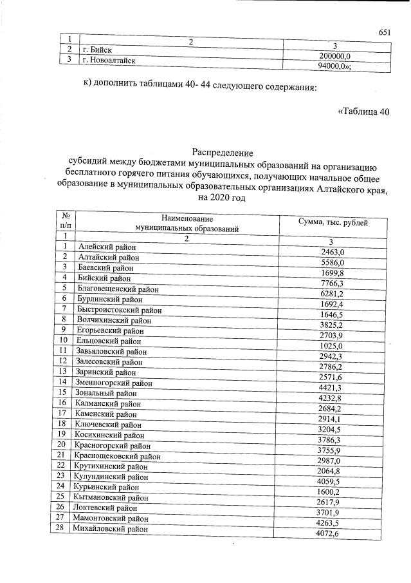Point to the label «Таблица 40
(x=363, y=111)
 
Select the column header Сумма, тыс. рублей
(x=333, y=222)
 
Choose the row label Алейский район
(x=106, y=247)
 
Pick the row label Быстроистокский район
(x=120, y=309)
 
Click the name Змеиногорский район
(x=115, y=382)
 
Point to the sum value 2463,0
(x=333, y=253)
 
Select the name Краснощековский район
(x=118, y=455)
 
